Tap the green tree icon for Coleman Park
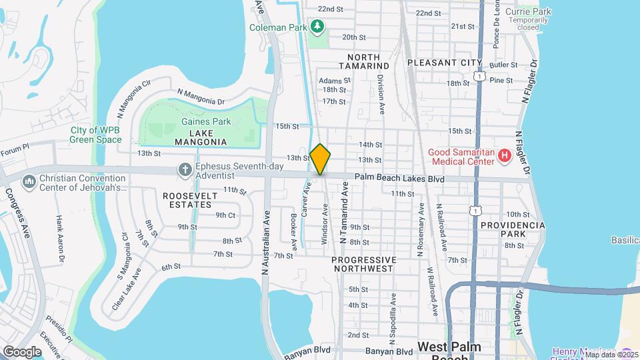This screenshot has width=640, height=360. point(319,27)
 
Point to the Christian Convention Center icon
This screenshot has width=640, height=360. point(29,181)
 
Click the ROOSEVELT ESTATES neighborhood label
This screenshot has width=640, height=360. point(193,201)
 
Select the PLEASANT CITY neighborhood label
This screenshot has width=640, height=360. point(445,63)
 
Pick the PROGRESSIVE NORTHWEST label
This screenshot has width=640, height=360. point(363,264)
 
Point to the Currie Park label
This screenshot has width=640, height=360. point(528,11)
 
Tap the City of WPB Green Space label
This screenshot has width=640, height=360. point(97,135)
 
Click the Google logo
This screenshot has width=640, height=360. point(22,351)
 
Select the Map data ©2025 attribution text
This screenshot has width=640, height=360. point(611,355)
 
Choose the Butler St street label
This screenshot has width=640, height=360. point(503,65)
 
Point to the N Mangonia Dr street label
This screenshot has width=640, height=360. point(201,97)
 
